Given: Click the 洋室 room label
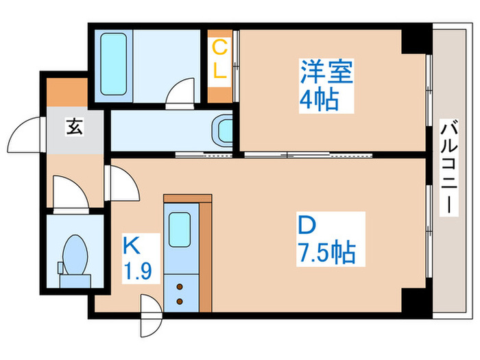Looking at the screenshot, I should tap(326, 72).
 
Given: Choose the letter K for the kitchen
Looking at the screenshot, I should tap(132, 243).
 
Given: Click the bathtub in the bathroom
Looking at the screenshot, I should tap(112, 64).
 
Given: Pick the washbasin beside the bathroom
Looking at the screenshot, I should tap(223, 130).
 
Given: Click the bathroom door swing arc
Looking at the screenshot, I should tap(181, 93).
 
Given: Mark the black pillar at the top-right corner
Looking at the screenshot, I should tap(414, 40).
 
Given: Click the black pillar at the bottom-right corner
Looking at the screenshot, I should tap(414, 300).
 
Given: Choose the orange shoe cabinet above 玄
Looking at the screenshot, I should tap(67, 94).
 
